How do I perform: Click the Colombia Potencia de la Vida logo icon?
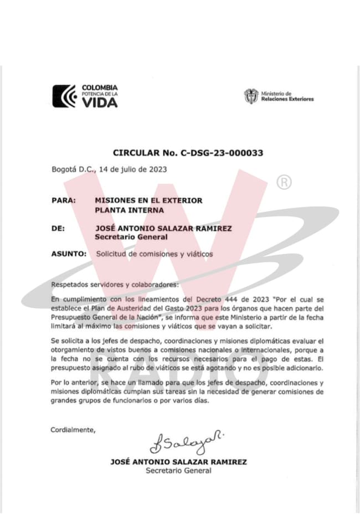[x=64, y=96]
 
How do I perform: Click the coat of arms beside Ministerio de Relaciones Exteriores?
[x=251, y=96]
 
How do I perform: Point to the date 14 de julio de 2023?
[x=132, y=169]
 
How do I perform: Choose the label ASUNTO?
[x=68, y=254]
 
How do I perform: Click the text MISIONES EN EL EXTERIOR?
[x=148, y=200]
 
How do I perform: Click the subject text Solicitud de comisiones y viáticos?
[x=154, y=254]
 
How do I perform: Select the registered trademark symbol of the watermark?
[x=284, y=182]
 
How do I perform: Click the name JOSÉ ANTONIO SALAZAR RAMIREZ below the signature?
[x=178, y=462]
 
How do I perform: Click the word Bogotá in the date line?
[x=63, y=169]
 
